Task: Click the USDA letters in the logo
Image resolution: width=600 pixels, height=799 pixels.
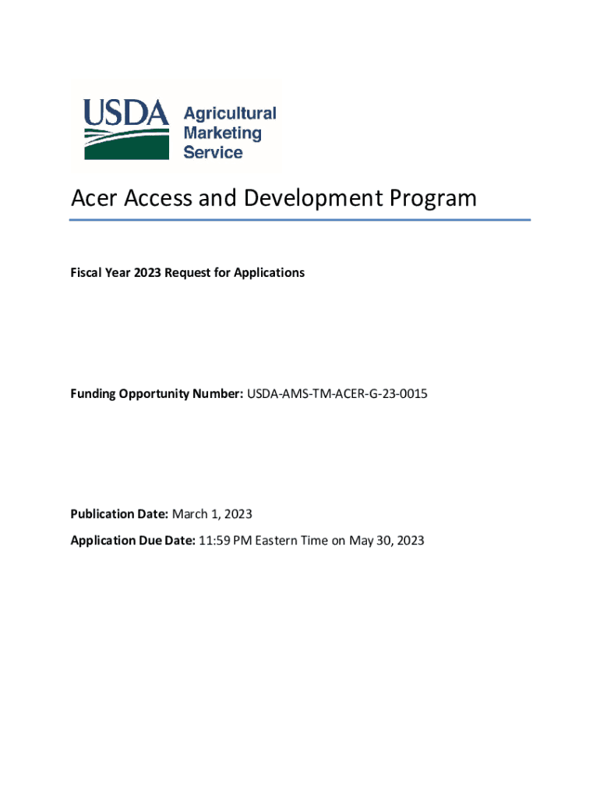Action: pyautogui.click(x=126, y=114)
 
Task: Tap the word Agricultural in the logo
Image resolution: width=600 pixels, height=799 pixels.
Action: pyautogui.click(x=229, y=113)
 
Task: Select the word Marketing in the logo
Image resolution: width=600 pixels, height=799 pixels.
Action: pyautogui.click(x=222, y=133)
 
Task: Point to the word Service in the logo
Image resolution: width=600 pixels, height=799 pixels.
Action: pyautogui.click(x=213, y=152)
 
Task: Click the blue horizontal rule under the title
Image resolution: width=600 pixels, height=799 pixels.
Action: pyautogui.click(x=300, y=220)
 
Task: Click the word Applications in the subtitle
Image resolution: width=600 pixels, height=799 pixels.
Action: pyautogui.click(x=270, y=273)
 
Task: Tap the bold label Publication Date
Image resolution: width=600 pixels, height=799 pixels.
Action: pyautogui.click(x=119, y=514)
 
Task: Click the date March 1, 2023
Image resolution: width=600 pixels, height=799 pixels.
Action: pyautogui.click(x=212, y=514)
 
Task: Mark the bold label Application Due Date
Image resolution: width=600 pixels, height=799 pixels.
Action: pyautogui.click(x=132, y=540)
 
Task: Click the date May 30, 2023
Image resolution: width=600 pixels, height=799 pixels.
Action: pyautogui.click(x=386, y=540)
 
